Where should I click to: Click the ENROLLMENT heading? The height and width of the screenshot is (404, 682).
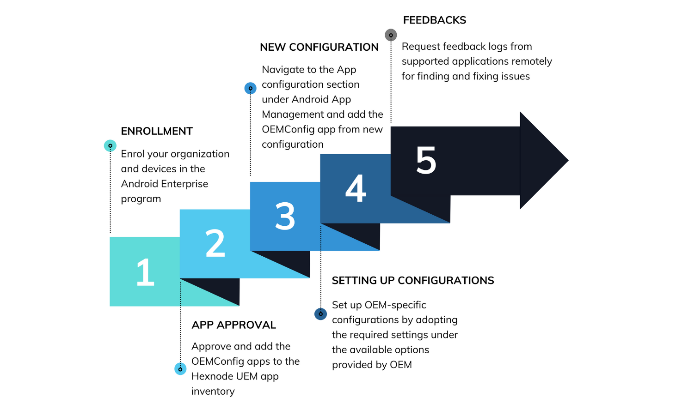[x=157, y=131]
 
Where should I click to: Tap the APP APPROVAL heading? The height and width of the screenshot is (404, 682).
[x=233, y=325]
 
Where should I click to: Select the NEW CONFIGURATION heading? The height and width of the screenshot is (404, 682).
[x=319, y=47]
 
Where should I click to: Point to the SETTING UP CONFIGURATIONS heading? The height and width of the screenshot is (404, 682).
[x=413, y=281]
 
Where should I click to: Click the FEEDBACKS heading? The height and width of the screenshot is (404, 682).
[x=434, y=20]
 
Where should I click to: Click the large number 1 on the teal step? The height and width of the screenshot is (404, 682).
[x=145, y=272]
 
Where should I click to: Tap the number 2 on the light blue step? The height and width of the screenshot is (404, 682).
[x=215, y=243]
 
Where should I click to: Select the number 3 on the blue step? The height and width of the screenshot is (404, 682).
[x=285, y=216]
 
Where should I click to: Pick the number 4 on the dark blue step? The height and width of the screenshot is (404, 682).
[x=356, y=188]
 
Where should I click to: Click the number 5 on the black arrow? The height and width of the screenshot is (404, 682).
[x=426, y=161]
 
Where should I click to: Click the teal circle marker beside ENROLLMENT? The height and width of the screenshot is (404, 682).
[x=110, y=146]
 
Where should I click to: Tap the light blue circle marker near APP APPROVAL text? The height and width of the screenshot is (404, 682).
[x=180, y=369]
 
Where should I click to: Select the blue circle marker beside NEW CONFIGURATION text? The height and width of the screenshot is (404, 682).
[x=251, y=88]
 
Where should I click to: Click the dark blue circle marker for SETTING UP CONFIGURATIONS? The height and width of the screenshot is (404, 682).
[x=320, y=314]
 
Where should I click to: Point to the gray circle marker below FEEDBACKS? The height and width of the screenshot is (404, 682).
[x=391, y=35]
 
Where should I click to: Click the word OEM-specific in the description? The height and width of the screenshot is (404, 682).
[x=395, y=305]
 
